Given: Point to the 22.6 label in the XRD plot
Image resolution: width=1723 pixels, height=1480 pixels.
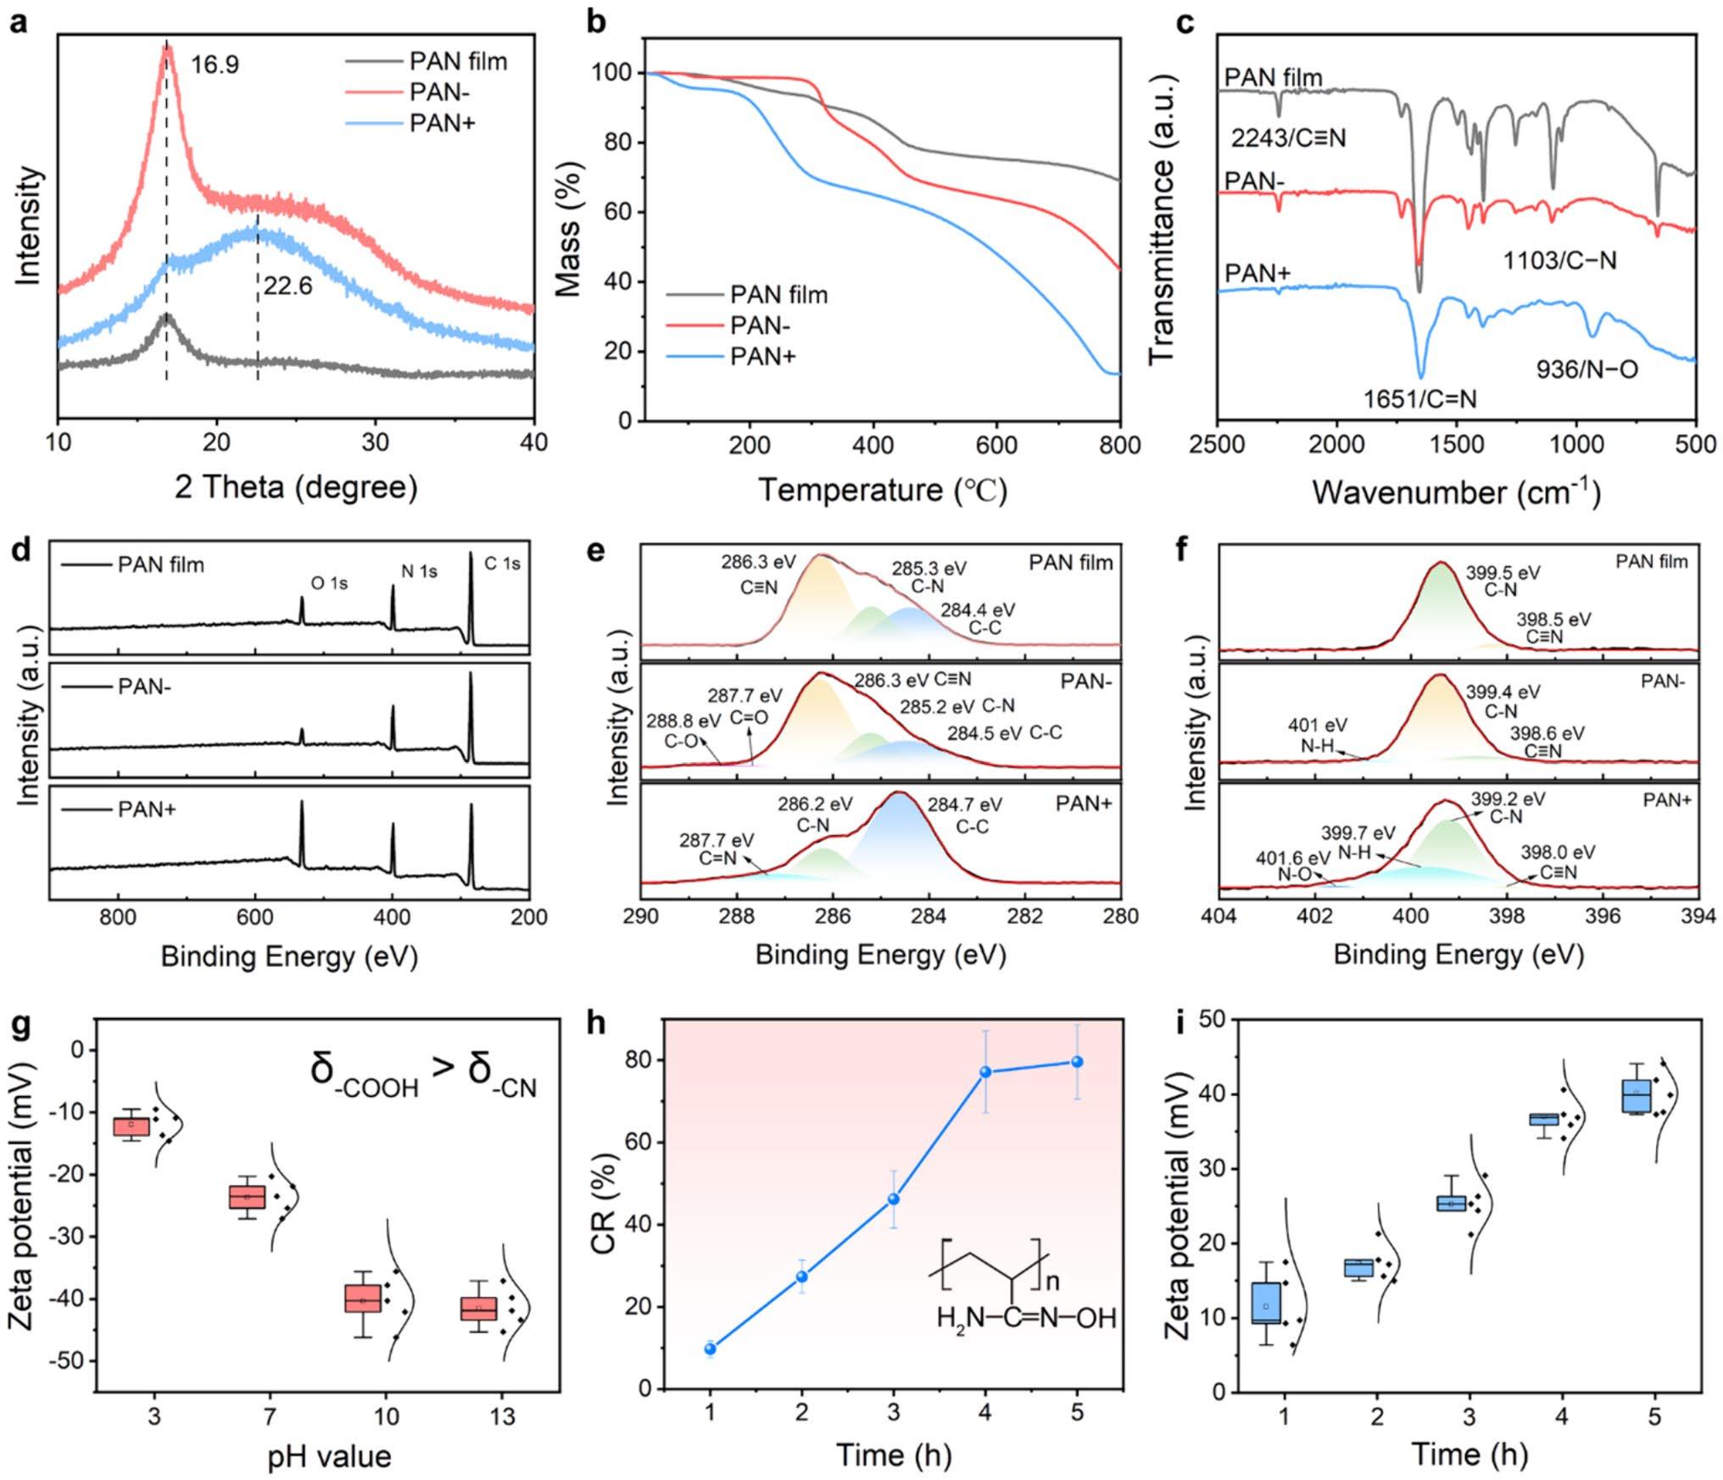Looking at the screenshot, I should [287, 286].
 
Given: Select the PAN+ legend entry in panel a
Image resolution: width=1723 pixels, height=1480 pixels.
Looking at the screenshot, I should [442, 123].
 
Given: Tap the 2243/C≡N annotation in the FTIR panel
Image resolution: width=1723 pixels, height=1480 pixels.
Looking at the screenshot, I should [1288, 137].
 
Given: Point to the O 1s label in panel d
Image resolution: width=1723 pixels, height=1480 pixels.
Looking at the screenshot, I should [329, 584].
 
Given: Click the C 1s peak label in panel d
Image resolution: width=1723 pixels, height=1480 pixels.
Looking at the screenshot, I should [502, 563].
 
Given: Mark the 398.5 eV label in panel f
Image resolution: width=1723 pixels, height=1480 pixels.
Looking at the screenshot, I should [1553, 620].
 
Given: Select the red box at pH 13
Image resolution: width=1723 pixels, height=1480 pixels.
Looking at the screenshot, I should [479, 1308].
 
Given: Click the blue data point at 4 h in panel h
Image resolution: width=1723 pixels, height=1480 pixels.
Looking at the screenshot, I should [985, 1072].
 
